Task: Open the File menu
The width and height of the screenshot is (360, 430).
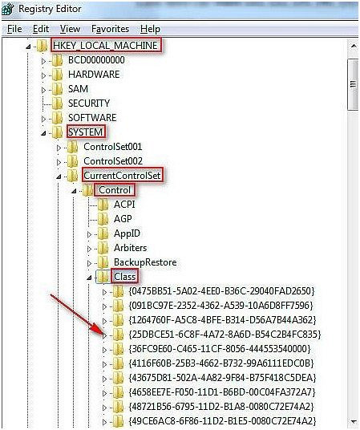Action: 14,29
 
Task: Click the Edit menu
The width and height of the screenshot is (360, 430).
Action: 41,29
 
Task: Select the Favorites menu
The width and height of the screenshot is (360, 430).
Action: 110,29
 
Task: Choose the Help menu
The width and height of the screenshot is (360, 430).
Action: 150,29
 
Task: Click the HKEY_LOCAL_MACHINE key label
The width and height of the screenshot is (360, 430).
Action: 106,45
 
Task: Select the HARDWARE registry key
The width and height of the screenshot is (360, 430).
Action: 94,75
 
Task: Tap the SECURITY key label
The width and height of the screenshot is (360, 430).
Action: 89,103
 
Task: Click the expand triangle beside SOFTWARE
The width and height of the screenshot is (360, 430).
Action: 43,119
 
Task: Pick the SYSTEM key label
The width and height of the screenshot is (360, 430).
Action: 85,132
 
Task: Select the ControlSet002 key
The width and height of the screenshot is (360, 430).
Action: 113,161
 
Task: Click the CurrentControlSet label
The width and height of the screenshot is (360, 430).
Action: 123,176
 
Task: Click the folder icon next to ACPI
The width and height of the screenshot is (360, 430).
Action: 103,205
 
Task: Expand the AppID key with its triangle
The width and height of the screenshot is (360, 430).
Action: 89,234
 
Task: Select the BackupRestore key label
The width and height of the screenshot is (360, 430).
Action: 145,262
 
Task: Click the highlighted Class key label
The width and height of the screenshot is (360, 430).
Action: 125,277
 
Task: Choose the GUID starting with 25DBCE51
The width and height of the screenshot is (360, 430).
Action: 224,335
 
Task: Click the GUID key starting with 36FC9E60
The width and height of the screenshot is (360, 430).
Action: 220,349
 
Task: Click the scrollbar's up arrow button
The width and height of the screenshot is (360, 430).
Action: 354,46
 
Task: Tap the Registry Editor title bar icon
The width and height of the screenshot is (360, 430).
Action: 8,9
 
